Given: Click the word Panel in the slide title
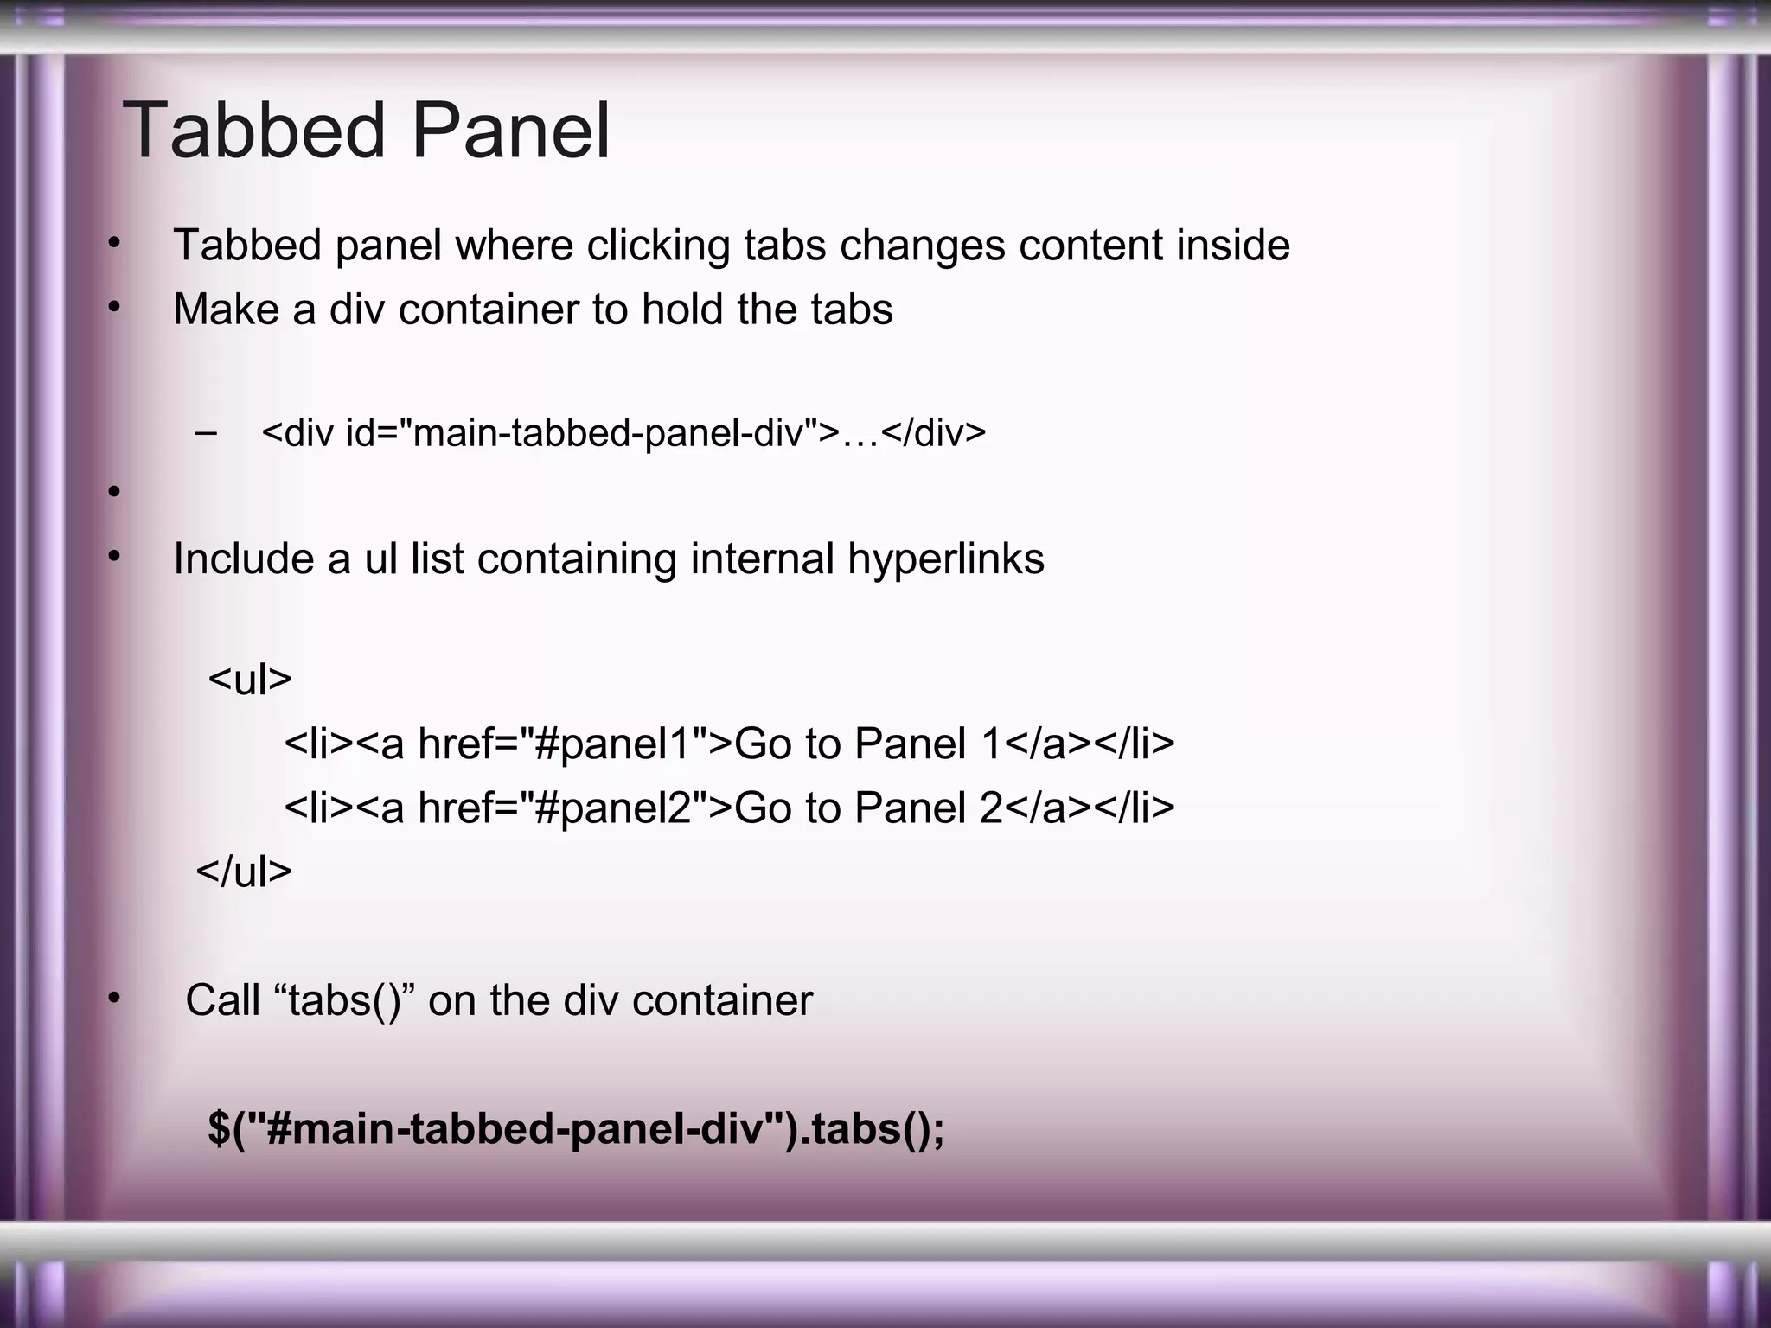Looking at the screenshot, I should coord(510,131).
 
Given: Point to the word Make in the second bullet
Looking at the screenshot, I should coord(226,310).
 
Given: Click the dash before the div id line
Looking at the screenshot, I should coord(207,431).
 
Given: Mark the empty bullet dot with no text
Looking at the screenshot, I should coord(113,493).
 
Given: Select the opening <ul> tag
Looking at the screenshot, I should coord(250,680).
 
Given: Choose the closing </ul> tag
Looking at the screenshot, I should coord(244,871).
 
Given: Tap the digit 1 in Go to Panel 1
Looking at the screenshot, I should coord(991,744).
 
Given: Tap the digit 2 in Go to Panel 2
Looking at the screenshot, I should coord(991,808).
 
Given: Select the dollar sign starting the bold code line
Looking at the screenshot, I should coord(220,1129).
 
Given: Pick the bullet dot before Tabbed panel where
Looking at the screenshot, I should coord(113,246).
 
